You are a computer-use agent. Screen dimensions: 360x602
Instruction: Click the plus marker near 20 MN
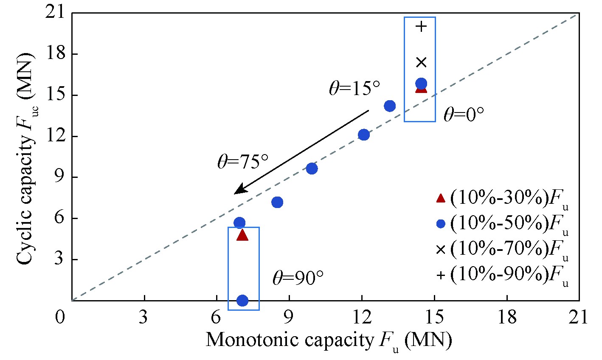[x=421, y=27]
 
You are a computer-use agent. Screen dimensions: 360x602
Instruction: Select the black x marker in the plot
[x=421, y=62]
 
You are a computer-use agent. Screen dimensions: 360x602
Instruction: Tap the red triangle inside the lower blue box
[x=242, y=235]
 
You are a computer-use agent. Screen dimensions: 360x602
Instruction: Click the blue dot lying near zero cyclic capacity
[x=242, y=301]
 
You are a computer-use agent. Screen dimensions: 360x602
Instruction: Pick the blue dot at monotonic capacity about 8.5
[x=277, y=202]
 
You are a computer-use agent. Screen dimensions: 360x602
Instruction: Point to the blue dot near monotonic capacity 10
[x=312, y=169]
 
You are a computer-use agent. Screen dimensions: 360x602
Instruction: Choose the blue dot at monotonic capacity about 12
[x=364, y=135]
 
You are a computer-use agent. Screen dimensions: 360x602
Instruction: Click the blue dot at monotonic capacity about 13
[x=390, y=106]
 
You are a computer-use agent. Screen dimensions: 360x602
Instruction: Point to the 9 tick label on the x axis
[x=290, y=317]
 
